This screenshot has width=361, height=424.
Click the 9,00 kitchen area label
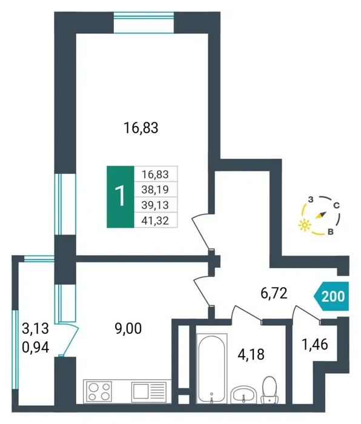[128, 329]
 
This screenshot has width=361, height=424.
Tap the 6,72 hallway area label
[274, 293]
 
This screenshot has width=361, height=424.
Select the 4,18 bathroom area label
[251, 354]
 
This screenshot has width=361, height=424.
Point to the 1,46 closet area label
[315, 345]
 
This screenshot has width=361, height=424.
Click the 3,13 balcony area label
[35, 329]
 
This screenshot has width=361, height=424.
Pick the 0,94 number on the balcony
[35, 348]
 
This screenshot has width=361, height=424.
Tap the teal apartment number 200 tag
[331, 296]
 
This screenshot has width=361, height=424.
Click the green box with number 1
[121, 197]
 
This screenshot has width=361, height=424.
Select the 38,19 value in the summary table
[155, 190]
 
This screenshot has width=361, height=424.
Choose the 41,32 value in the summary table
[155, 221]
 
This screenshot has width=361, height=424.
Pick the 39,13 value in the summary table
[155, 205]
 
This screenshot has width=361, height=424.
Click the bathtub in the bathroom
[212, 368]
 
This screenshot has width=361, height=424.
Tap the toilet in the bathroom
[270, 389]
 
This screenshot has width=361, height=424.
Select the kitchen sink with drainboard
[148, 391]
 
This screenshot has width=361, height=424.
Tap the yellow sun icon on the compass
[305, 225]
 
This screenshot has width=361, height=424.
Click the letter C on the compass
[336, 206]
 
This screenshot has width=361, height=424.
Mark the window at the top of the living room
[144, 22]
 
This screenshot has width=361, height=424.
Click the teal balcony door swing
[69, 339]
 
